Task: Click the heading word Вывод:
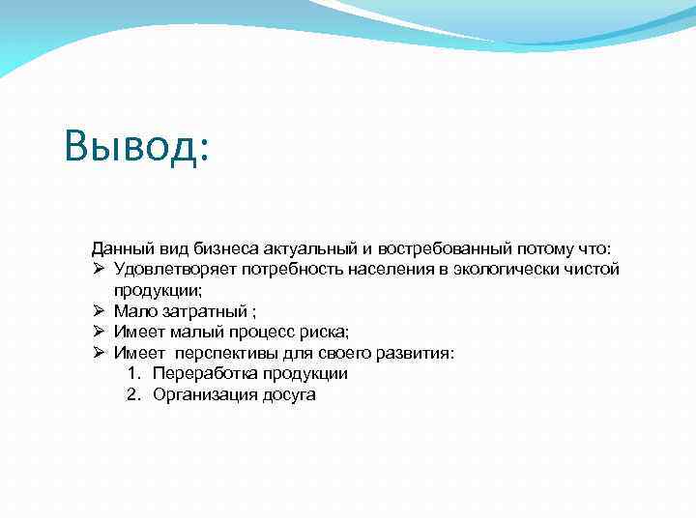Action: click(136, 148)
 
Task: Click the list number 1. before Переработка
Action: click(133, 374)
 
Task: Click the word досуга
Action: click(289, 395)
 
